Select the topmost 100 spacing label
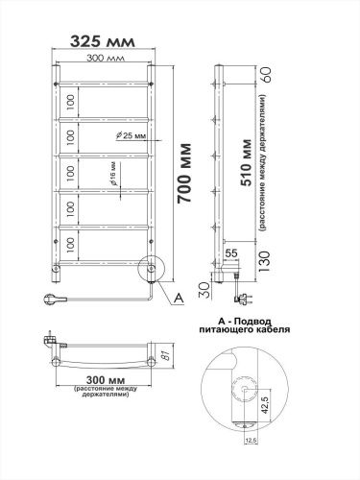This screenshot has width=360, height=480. (69, 100)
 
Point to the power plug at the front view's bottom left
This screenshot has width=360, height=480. (55, 299)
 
